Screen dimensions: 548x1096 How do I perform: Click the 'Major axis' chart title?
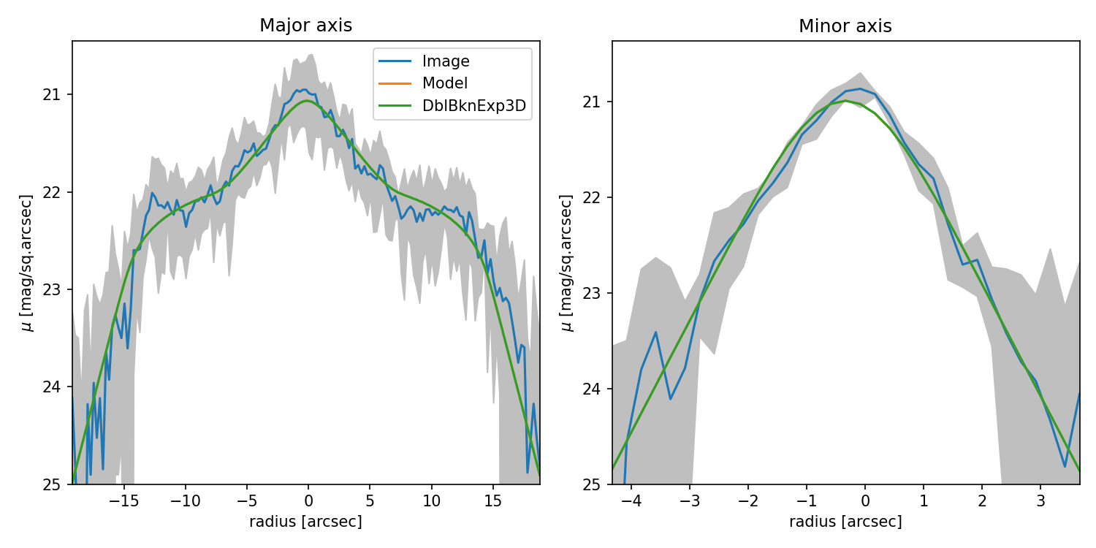coord(305,26)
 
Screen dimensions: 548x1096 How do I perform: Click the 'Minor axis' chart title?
coord(845,26)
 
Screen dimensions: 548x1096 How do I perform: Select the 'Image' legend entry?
coord(446,61)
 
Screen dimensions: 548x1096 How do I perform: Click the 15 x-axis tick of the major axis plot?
coord(493,501)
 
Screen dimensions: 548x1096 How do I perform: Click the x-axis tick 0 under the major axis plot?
coord(308,501)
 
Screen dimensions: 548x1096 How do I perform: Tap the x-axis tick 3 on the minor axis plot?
coord(1040,502)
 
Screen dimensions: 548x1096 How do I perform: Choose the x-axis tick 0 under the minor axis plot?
coord(865,502)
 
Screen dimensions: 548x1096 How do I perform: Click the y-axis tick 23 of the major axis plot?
coord(57,289)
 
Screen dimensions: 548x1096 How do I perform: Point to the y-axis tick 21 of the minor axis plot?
coord(596,102)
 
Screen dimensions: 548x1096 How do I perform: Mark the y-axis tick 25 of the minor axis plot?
coord(596,484)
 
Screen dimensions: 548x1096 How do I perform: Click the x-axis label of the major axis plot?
coord(305,522)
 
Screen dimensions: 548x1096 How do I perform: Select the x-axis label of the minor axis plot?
coord(845,522)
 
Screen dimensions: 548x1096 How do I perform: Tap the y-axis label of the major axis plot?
coord(27,262)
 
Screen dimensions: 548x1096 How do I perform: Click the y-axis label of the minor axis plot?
coord(566,262)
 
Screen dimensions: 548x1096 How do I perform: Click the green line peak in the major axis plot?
coord(308,101)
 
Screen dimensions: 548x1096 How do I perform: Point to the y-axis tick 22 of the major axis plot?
coord(57,192)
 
